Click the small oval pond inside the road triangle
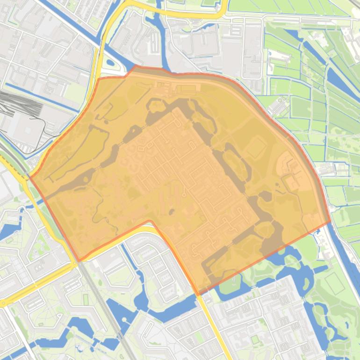(x=110, y=62)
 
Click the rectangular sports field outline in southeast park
(x=334, y=283)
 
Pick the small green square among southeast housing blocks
(x=255, y=339)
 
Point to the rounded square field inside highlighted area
(x=256, y=147)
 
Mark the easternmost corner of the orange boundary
(x=330, y=222)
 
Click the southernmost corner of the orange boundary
(x=199, y=294)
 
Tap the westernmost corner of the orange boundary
(x=30, y=178)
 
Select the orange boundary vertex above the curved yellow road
(x=150, y=221)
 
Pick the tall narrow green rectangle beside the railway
(x=86, y=299)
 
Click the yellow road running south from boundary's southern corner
(x=215, y=327)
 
